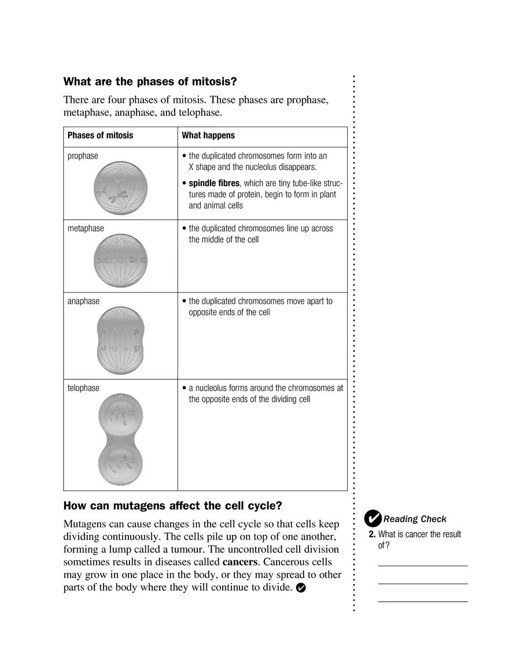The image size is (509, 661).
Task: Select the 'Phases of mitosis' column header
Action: coord(100,135)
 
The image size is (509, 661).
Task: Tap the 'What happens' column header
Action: coord(208,135)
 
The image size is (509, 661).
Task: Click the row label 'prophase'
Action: coord(83,156)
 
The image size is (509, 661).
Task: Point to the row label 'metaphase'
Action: coord(86,228)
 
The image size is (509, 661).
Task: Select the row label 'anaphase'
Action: coord(83,301)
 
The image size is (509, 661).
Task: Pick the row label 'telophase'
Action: coord(83,388)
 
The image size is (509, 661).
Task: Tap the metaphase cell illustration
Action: coord(120,261)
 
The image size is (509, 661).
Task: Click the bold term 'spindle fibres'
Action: coord(214,183)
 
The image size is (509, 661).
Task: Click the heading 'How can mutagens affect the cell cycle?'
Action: coord(172,506)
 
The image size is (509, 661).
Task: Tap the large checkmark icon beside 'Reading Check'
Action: coord(374,518)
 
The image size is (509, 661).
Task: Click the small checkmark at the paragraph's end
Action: coord(300,588)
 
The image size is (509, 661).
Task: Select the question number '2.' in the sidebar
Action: coord(372,534)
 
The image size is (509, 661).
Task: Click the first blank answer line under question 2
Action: coord(423,565)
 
